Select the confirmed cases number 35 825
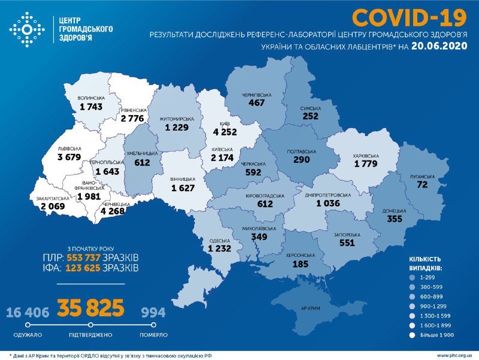90,308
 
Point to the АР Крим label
311,310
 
